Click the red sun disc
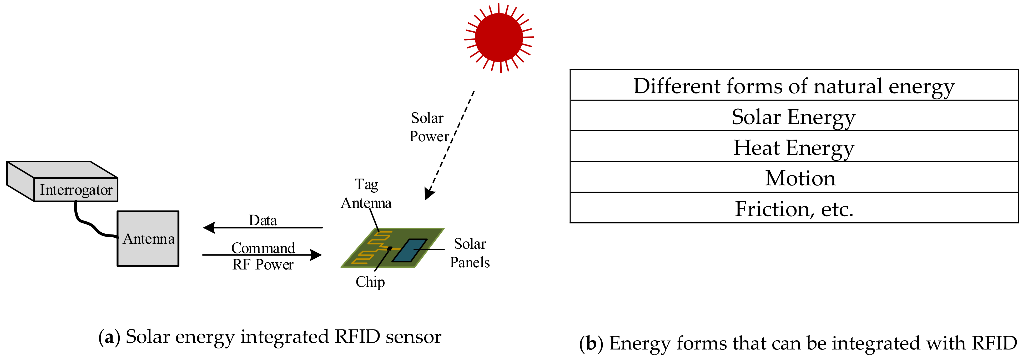pos(499,38)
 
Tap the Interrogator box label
pos(76,189)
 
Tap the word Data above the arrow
pos(263,220)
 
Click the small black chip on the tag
pos(390,248)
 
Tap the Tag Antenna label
pos(366,194)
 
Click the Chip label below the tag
pos(370,282)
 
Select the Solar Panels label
pos(470,253)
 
